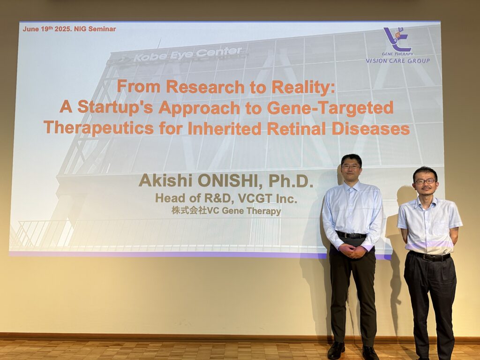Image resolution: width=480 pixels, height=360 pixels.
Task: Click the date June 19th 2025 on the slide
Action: (x=47, y=29)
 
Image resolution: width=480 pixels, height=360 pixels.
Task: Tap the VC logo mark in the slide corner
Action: (x=397, y=39)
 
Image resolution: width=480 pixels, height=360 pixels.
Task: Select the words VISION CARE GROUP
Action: (x=397, y=60)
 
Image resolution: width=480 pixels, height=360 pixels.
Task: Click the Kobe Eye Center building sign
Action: (x=187, y=54)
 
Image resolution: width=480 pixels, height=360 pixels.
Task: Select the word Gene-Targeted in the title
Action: (x=330, y=108)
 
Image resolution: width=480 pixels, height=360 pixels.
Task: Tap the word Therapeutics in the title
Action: (x=98, y=127)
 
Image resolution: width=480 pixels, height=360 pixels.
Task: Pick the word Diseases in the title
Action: (x=371, y=128)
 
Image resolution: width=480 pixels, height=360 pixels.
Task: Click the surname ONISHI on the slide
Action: (x=229, y=181)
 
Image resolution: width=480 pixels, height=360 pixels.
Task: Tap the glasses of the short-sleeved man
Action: (x=425, y=181)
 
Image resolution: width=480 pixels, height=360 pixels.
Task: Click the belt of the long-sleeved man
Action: (x=351, y=235)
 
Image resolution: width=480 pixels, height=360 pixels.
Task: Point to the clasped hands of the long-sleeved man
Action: (x=352, y=251)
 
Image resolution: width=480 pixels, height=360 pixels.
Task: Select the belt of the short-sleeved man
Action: (x=430, y=256)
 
